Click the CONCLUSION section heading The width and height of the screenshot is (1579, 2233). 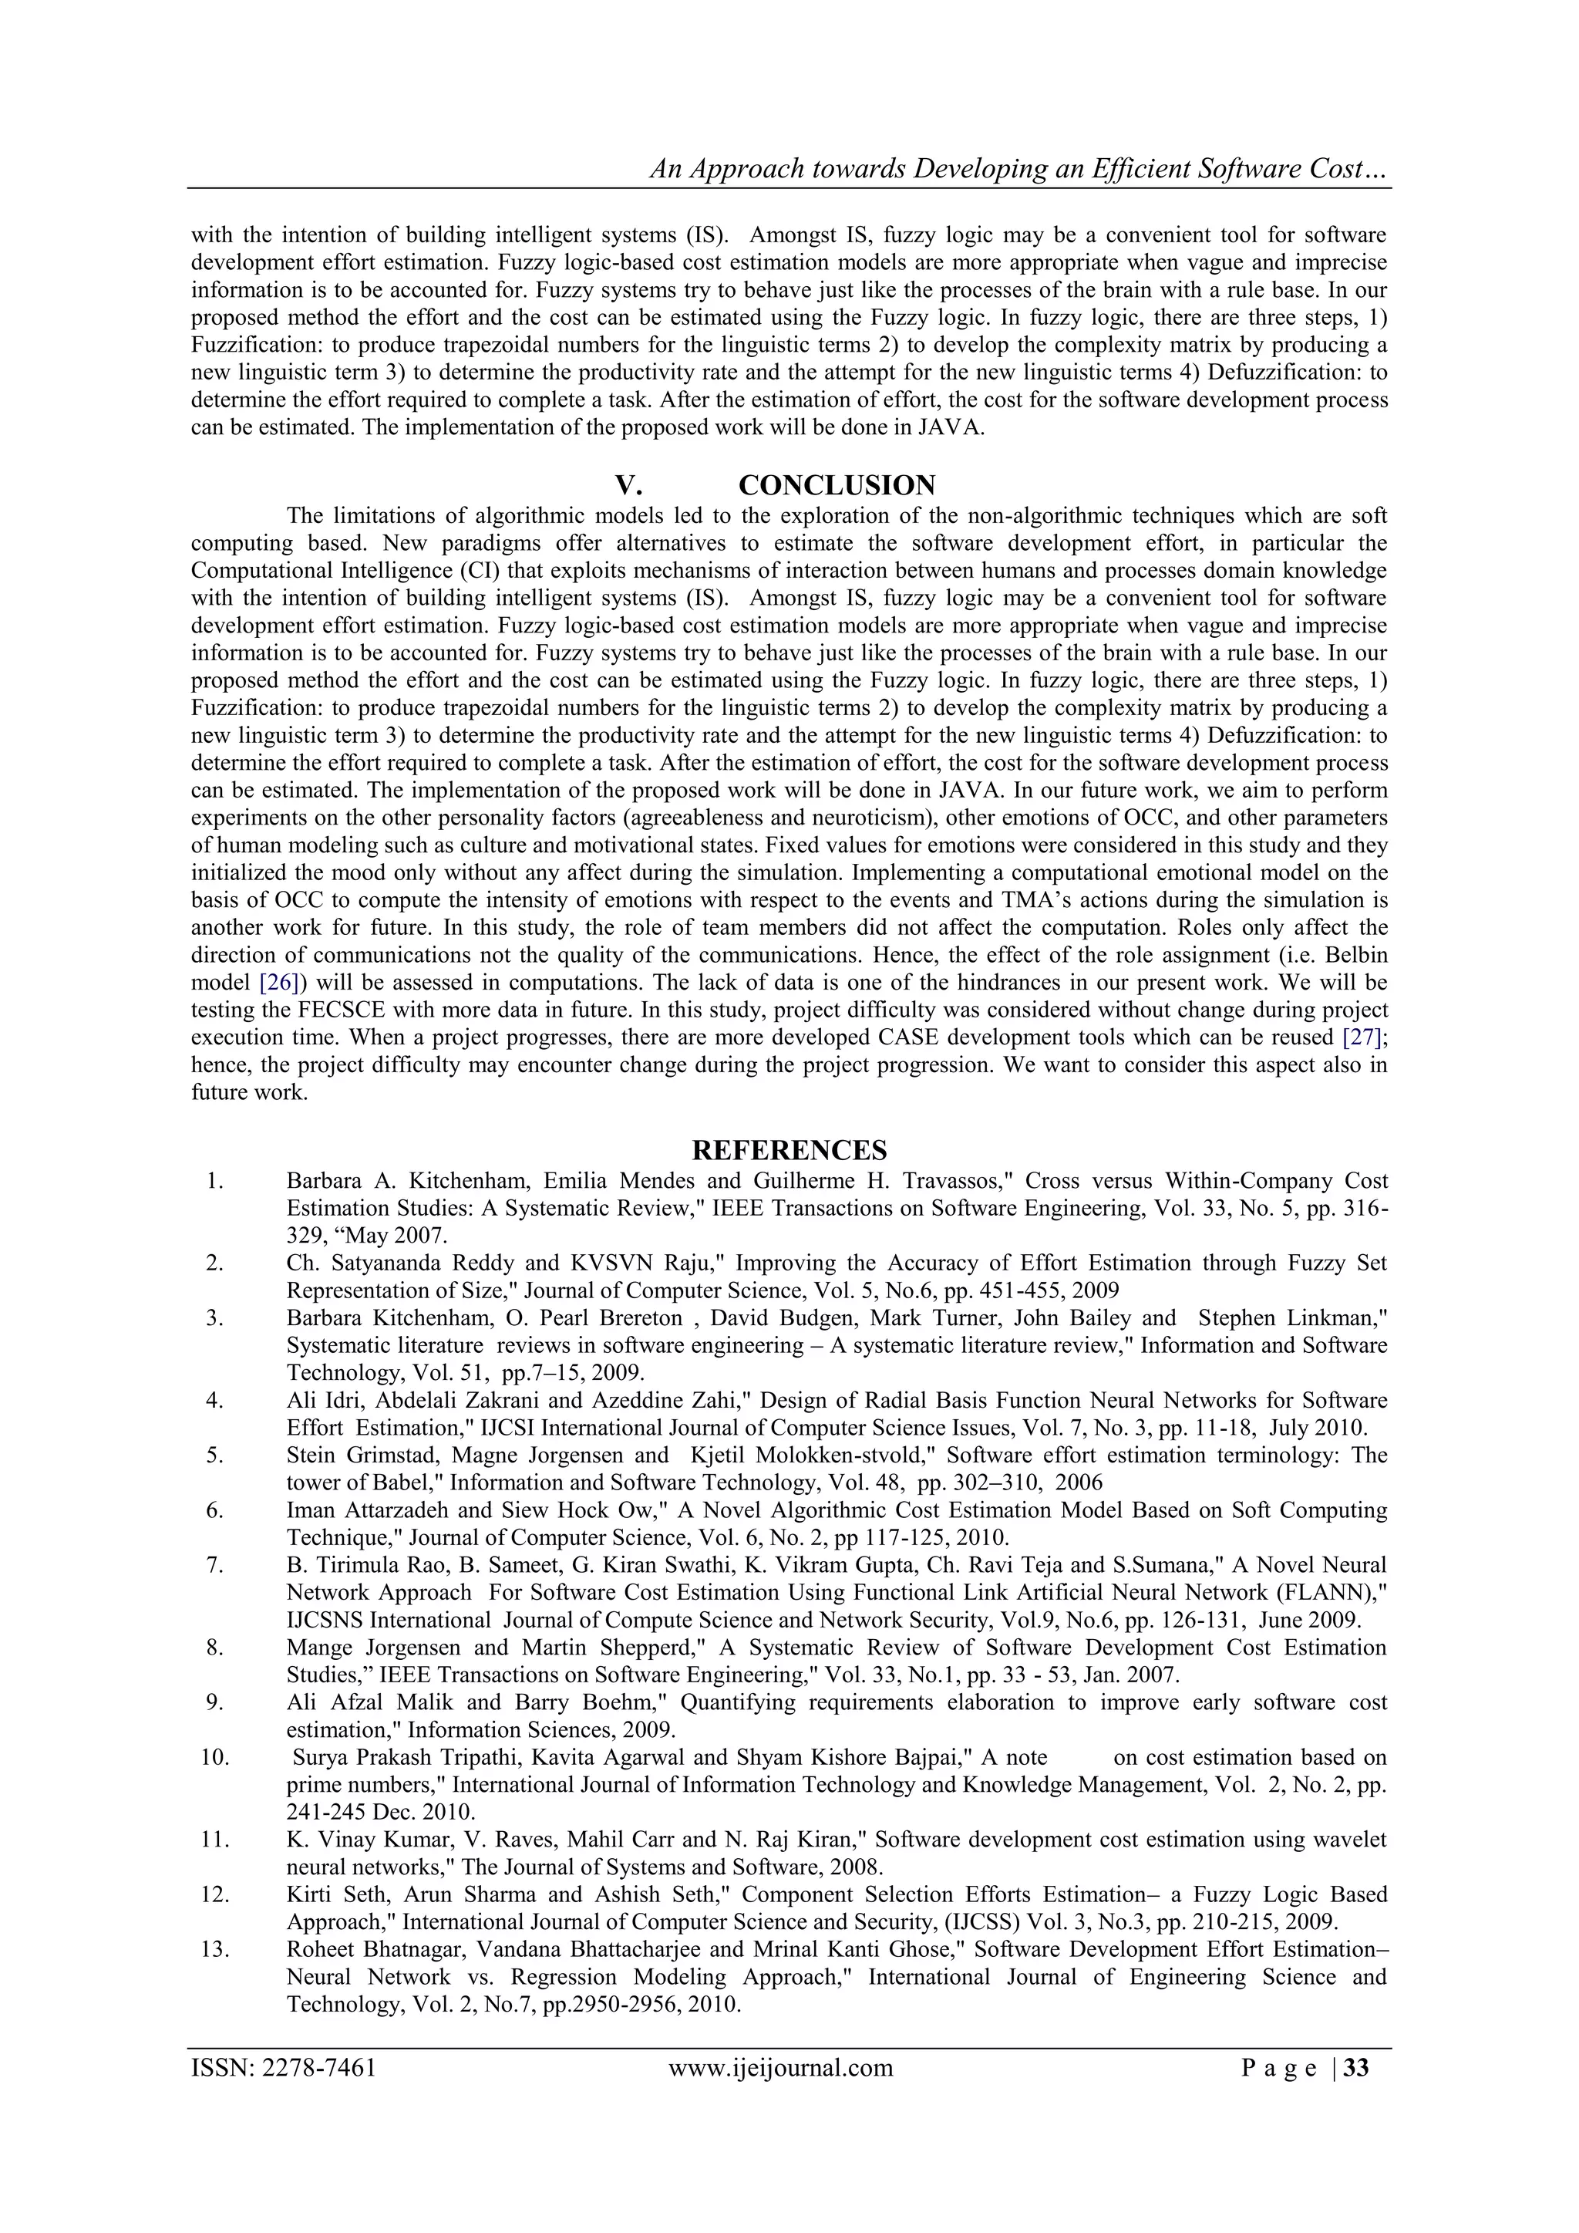[x=837, y=484]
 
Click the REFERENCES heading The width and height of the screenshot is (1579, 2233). [x=789, y=1151]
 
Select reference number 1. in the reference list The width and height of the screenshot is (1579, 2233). [x=215, y=1181]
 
